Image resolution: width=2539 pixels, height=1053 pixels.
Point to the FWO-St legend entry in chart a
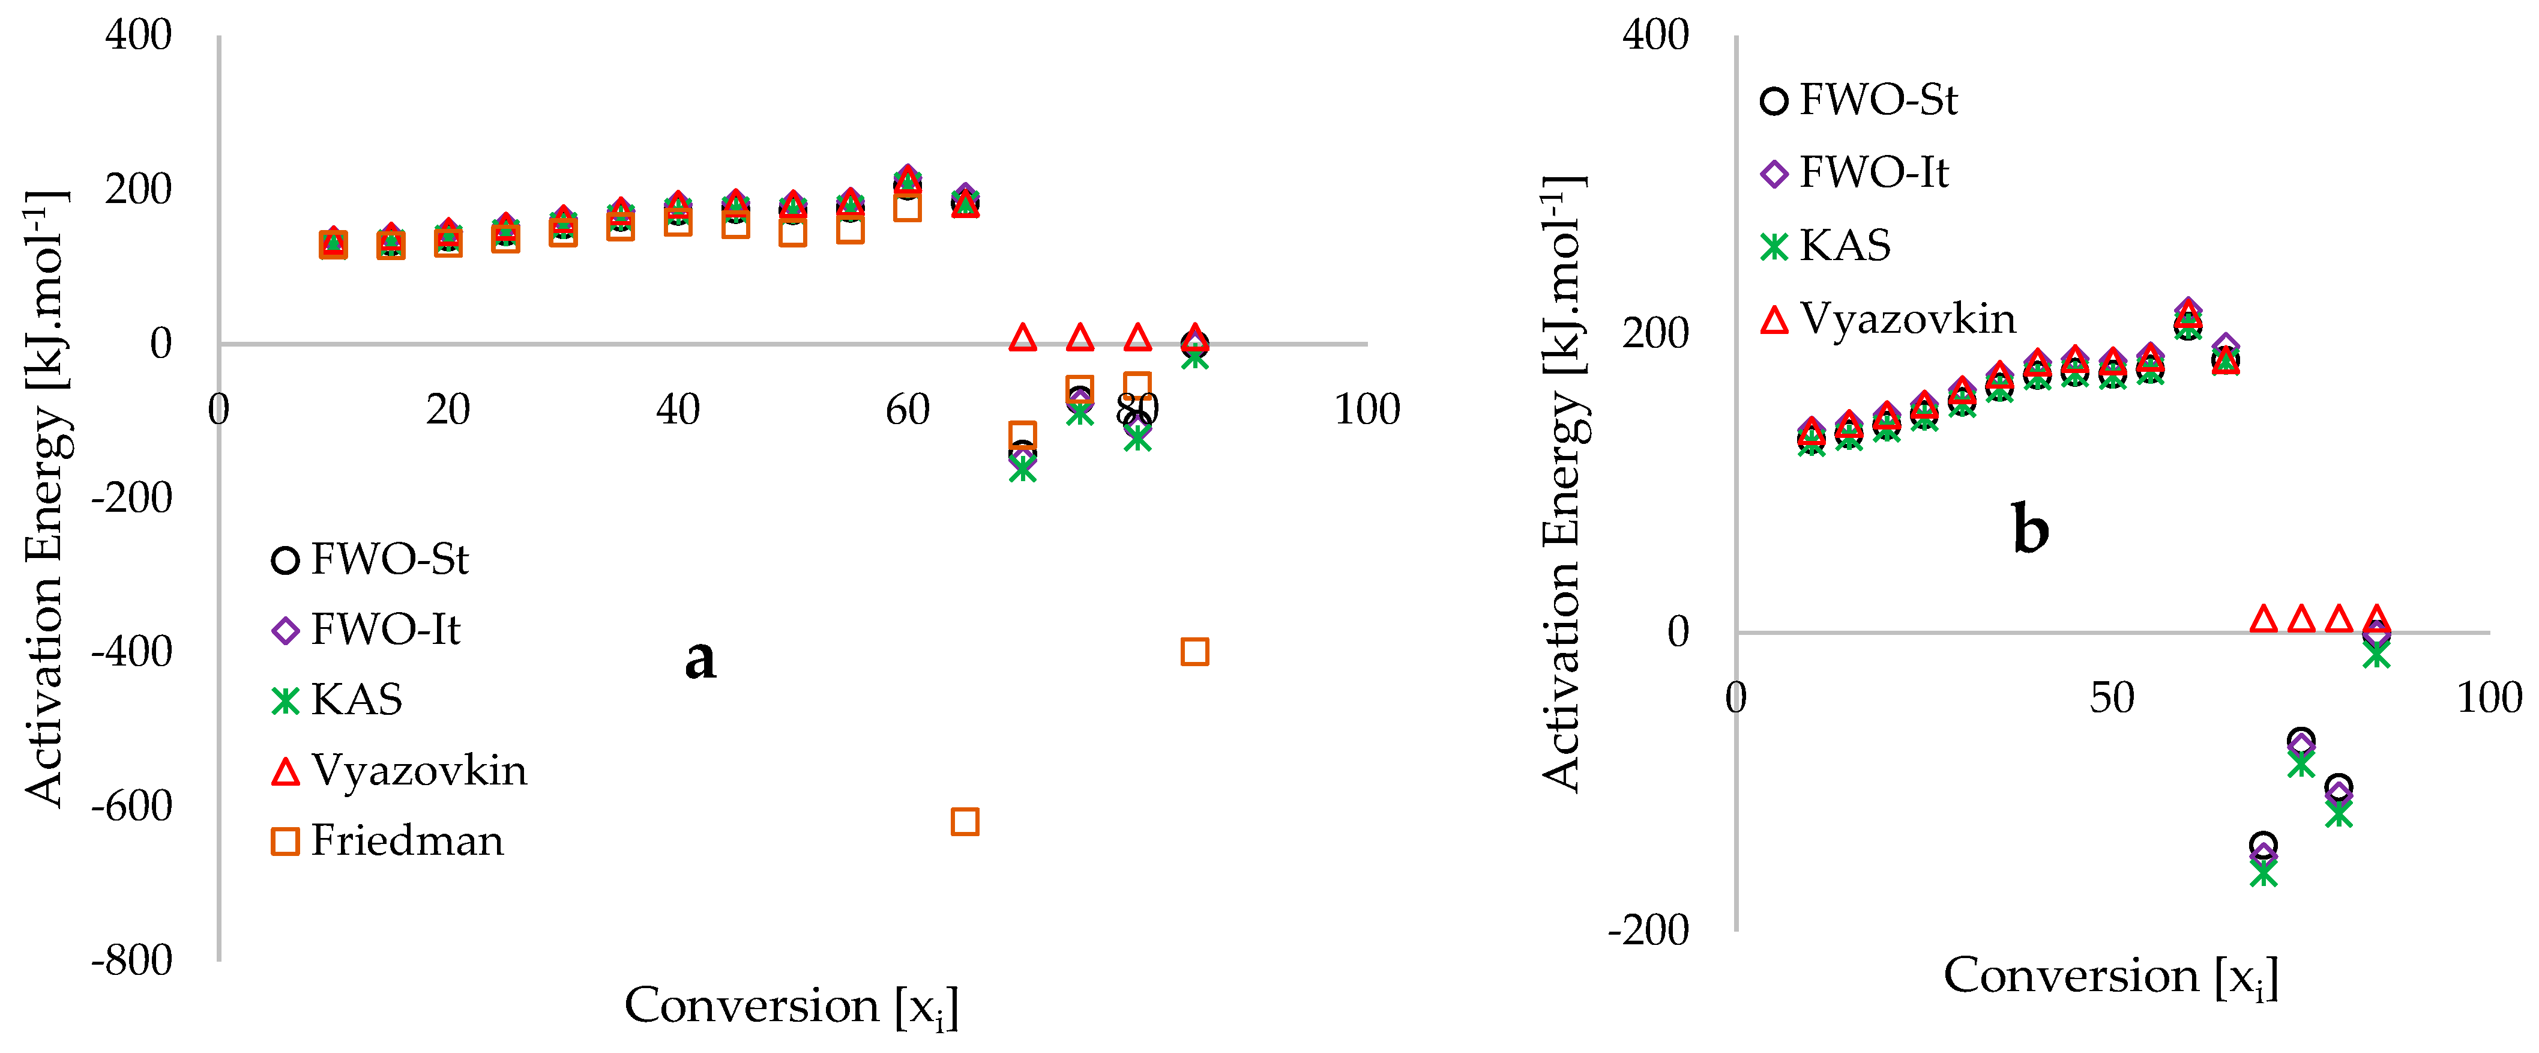370,560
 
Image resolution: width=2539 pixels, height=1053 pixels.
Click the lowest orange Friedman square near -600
965,821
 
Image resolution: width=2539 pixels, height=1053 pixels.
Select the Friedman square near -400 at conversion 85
1194,652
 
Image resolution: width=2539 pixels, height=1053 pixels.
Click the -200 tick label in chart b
1649,930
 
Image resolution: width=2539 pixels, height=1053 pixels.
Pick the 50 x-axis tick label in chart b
2112,698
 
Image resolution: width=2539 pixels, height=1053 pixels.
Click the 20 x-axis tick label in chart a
448,409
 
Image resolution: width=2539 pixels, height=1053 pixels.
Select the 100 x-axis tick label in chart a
1367,409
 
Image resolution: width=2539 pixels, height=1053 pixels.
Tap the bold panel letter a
701,658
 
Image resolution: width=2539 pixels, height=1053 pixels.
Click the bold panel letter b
2031,529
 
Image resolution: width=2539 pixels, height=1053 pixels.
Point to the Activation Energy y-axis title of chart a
44,498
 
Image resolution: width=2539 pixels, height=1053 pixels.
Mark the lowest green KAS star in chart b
2264,873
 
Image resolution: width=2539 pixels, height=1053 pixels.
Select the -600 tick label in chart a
132,806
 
